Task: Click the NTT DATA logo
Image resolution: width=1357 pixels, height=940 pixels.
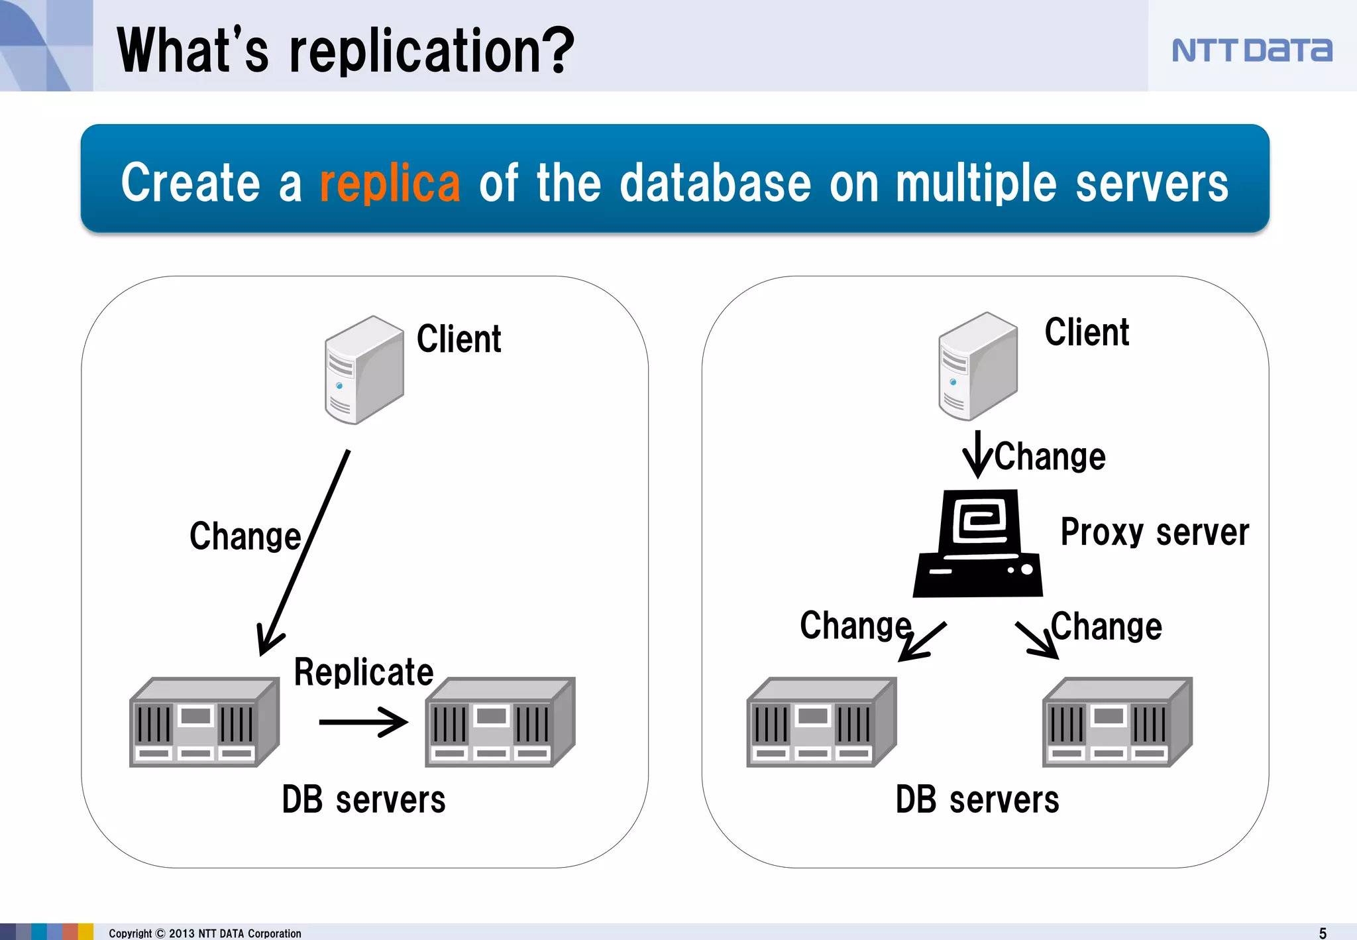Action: (1251, 50)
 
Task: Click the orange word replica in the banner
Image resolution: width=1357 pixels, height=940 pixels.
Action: (390, 184)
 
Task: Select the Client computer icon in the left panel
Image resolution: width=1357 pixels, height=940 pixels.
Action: (364, 370)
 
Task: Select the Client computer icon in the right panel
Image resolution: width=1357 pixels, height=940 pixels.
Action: (977, 366)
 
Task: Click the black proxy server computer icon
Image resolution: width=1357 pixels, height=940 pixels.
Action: (977, 544)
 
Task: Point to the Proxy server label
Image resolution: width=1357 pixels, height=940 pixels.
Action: (1154, 532)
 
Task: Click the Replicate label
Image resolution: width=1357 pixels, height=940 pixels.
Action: (363, 672)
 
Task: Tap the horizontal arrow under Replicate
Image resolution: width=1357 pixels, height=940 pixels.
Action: (363, 722)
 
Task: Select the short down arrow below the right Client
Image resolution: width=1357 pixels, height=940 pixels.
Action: (977, 454)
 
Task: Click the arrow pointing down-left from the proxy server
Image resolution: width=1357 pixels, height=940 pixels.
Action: (922, 642)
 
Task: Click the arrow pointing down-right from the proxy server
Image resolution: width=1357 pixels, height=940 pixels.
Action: (1037, 640)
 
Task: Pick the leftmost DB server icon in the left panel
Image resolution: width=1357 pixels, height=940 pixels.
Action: (203, 723)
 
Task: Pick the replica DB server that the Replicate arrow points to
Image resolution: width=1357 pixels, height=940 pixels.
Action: (500, 723)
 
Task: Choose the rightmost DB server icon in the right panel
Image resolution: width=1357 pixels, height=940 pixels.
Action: (1116, 723)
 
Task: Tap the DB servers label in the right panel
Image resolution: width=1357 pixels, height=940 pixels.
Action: (977, 799)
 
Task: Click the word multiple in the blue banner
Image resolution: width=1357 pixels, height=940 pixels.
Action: (976, 184)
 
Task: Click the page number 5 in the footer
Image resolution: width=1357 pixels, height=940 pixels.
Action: (1323, 933)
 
